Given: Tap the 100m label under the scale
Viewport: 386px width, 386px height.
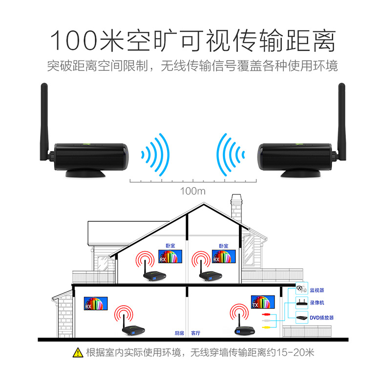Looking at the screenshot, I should pos(193,191).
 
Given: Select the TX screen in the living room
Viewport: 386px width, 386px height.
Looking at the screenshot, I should pos(263,302).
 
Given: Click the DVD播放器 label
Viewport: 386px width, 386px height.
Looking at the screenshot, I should pos(322,318).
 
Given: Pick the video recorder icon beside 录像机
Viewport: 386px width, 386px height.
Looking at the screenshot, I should pos(302,303).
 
